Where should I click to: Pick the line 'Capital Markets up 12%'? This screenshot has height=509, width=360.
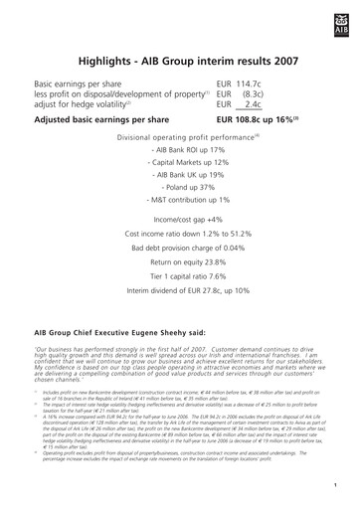[x=180, y=160]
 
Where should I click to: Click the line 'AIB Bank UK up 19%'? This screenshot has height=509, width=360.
[x=180, y=173]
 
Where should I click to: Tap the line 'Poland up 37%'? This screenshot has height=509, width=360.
[x=180, y=186]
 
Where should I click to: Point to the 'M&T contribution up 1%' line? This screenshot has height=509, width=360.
[x=180, y=199]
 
